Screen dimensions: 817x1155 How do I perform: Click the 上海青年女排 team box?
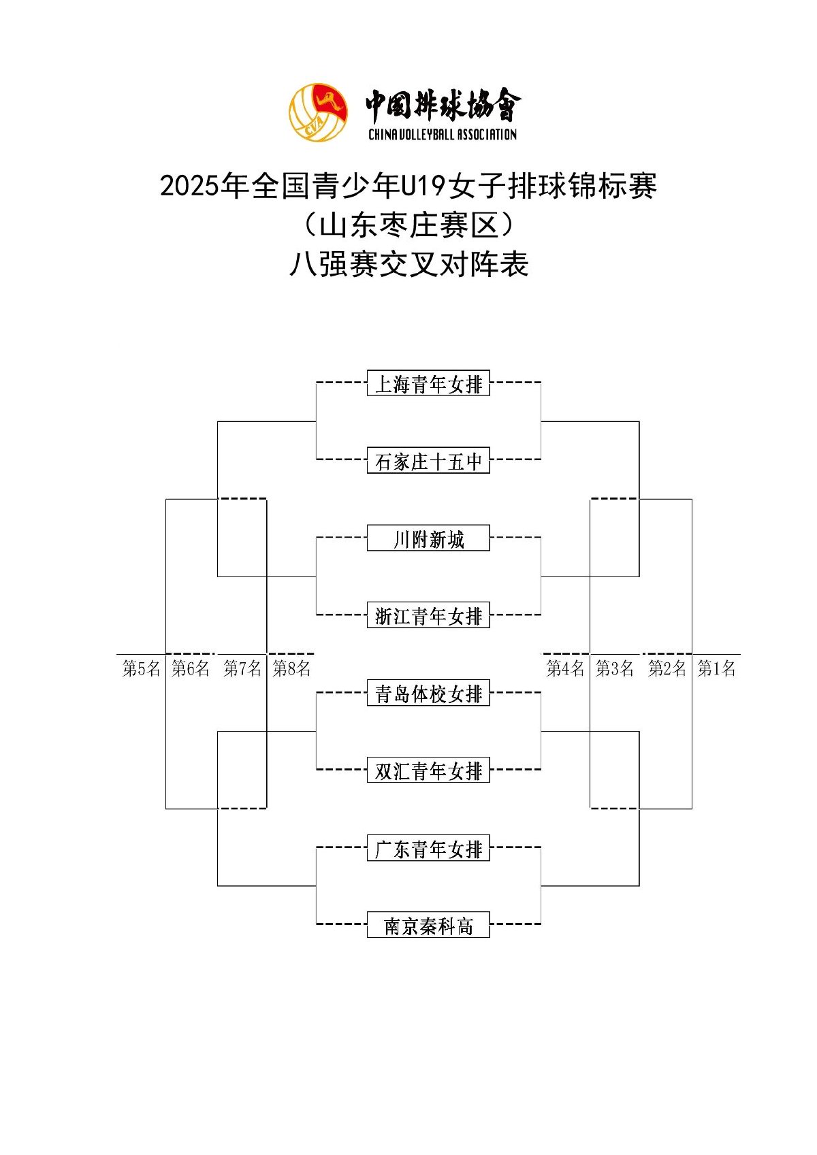[x=428, y=383]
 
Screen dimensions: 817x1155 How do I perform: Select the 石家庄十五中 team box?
[x=428, y=461]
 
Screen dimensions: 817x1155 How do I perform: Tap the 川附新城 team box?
[x=428, y=538]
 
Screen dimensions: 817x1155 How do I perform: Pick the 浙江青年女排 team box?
[x=428, y=615]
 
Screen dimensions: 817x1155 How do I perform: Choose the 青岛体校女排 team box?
[x=428, y=693]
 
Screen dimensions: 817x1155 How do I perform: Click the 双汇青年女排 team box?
[x=428, y=770]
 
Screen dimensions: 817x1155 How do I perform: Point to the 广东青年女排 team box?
[x=428, y=848]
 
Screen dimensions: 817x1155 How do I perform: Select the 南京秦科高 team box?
[x=428, y=926]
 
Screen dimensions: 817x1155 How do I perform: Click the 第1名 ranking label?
[x=716, y=668]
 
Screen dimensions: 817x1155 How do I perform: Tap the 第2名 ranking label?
[x=667, y=668]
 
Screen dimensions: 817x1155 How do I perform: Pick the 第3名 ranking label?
[x=615, y=668]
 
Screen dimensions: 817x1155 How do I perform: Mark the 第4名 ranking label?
[x=565, y=668]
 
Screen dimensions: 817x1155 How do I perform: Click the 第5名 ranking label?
[x=141, y=668]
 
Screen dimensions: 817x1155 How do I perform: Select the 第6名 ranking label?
[x=191, y=668]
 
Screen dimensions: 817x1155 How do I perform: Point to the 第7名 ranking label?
[x=242, y=668]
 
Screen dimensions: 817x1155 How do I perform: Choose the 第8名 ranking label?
[x=291, y=668]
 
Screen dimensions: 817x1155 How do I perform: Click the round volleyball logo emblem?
[x=317, y=112]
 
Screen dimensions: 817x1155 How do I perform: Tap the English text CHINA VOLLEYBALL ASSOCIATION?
[x=443, y=134]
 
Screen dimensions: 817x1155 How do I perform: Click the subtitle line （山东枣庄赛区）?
[x=408, y=225]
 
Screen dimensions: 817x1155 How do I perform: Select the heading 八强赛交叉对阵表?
[x=408, y=265]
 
